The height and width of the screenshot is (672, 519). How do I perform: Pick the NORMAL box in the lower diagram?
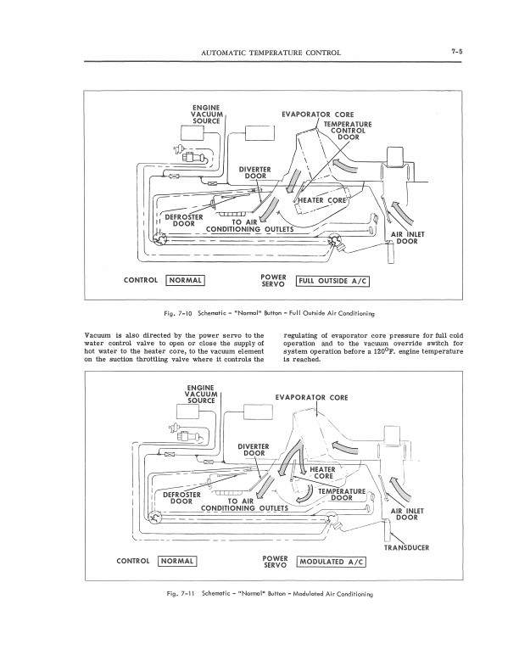pyautogui.click(x=178, y=561)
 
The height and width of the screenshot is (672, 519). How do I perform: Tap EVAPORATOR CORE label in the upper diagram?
pyautogui.click(x=317, y=115)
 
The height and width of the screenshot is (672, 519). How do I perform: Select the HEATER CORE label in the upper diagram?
pyautogui.click(x=325, y=200)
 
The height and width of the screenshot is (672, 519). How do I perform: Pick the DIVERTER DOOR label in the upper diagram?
pyautogui.click(x=254, y=172)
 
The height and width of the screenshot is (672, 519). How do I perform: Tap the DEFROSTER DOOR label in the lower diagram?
pyautogui.click(x=181, y=498)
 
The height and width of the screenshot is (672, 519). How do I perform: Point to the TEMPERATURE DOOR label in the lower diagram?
pyautogui.click(x=341, y=495)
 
